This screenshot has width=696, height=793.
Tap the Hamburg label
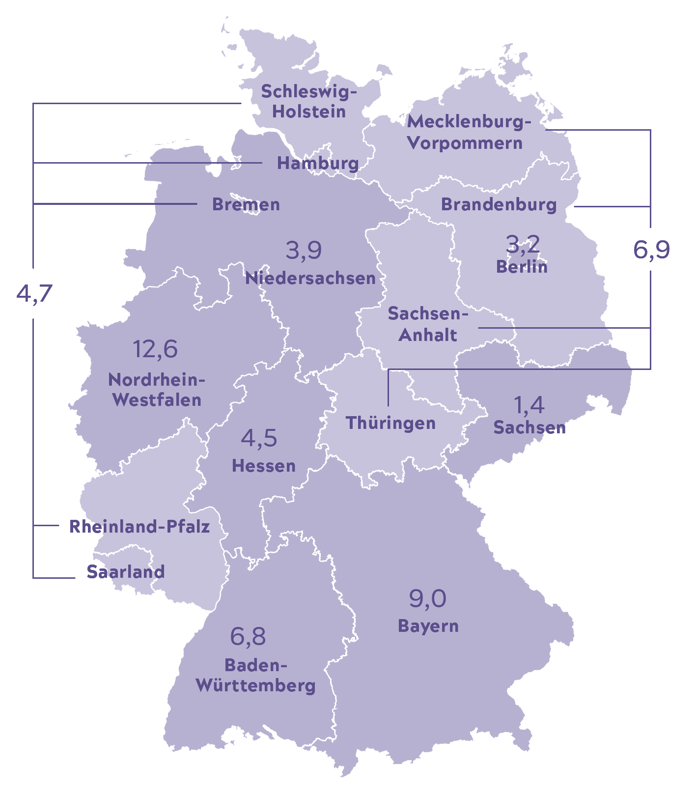(x=318, y=163)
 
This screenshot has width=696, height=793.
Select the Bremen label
(x=246, y=204)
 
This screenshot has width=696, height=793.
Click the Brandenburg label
(x=499, y=204)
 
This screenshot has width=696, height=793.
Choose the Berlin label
(x=522, y=267)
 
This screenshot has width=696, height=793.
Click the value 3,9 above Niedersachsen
(x=304, y=251)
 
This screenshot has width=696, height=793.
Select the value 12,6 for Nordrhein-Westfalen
(x=155, y=349)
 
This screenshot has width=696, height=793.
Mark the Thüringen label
(x=391, y=423)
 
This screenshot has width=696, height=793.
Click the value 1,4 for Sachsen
(x=529, y=405)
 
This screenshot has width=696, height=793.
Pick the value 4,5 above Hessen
(x=259, y=438)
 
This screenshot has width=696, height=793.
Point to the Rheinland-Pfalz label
(x=139, y=527)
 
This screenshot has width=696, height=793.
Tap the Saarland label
(x=126, y=572)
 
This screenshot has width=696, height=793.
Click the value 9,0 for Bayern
(x=428, y=599)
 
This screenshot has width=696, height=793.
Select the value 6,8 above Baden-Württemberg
(x=248, y=637)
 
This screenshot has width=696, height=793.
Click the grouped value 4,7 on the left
(x=34, y=294)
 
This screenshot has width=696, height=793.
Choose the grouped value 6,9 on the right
(x=651, y=250)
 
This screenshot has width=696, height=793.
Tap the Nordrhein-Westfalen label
(x=157, y=390)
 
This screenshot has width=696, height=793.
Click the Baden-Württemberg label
(x=256, y=676)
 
